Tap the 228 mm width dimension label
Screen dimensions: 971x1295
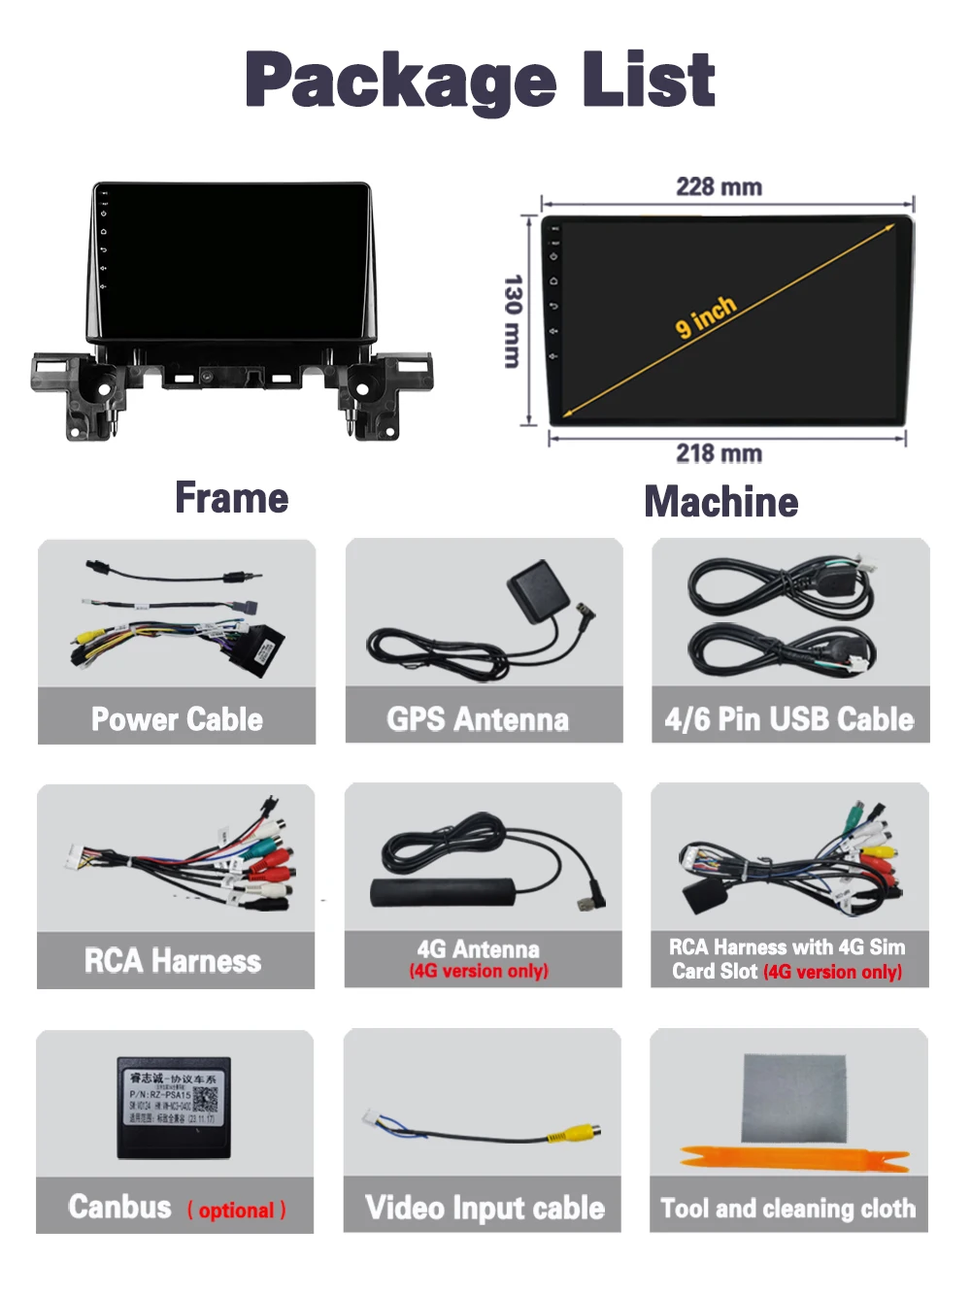(x=719, y=186)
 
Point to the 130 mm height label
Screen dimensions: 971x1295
(x=513, y=320)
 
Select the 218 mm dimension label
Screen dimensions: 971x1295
(x=719, y=453)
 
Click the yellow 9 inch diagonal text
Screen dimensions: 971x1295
(x=706, y=317)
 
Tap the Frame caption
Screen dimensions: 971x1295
(x=231, y=498)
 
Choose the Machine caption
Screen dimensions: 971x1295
(x=721, y=502)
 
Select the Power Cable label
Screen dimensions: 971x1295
(x=177, y=719)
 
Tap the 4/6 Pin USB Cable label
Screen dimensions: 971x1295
(x=789, y=719)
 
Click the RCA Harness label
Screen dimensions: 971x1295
(x=173, y=961)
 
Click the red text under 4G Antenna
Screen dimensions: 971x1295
(x=479, y=971)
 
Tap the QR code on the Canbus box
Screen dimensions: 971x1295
(x=205, y=1100)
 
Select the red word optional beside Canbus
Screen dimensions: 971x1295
(x=237, y=1211)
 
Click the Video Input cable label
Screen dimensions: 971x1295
(x=485, y=1208)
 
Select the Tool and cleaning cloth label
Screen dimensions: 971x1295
(x=787, y=1209)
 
